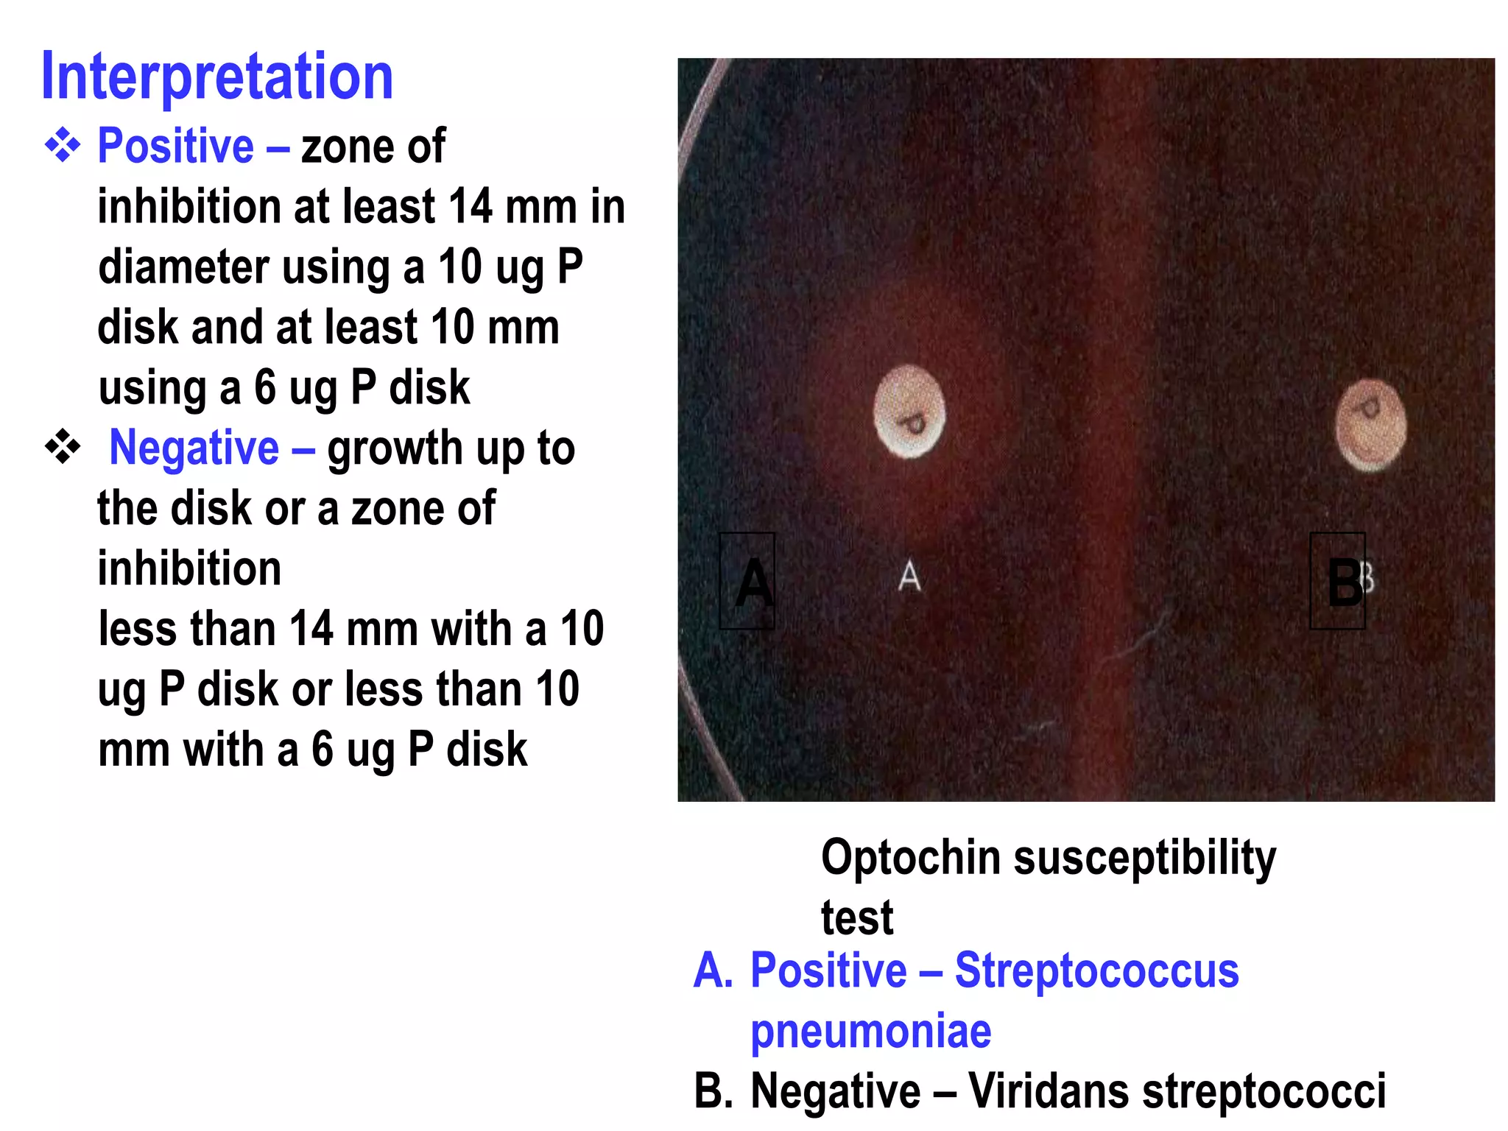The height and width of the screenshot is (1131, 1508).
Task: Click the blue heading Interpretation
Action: pyautogui.click(x=217, y=77)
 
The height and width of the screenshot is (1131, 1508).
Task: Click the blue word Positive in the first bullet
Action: pyautogui.click(x=175, y=146)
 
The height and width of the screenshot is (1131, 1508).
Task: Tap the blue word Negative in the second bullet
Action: pyautogui.click(x=194, y=448)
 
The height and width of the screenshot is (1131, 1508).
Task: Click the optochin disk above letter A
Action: pyautogui.click(x=909, y=412)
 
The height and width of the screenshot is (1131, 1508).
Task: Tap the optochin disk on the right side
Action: pyautogui.click(x=1370, y=425)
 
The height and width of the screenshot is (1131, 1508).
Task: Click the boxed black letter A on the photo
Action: pyautogui.click(x=747, y=582)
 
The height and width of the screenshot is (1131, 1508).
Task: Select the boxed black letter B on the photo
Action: pyautogui.click(x=1338, y=582)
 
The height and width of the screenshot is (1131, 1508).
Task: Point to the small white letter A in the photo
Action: pyautogui.click(x=910, y=576)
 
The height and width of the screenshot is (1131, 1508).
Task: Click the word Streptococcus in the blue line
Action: pyautogui.click(x=1096, y=970)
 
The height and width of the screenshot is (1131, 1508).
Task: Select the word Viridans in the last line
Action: pyautogui.click(x=1048, y=1091)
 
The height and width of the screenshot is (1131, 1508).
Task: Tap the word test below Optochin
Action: pyautogui.click(x=856, y=919)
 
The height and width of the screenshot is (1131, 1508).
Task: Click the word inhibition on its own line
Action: pyautogui.click(x=189, y=569)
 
